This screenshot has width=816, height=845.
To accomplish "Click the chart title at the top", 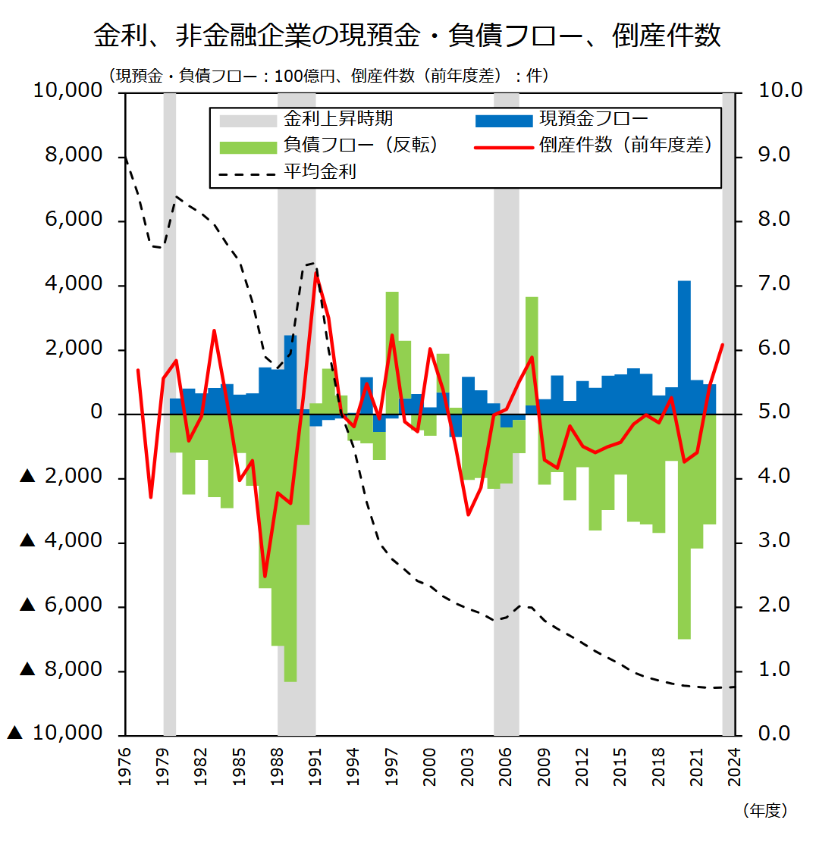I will (x=407, y=36).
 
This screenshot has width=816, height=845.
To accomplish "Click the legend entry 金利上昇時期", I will (x=337, y=120).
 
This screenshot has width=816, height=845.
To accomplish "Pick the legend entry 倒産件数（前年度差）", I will (x=626, y=146).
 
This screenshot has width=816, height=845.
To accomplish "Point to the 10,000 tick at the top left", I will (x=68, y=91).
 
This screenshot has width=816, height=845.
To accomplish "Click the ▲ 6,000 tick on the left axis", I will (x=61, y=606).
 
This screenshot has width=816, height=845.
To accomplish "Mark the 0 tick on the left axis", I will (x=96, y=413).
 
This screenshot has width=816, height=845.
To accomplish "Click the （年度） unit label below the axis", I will (x=765, y=811).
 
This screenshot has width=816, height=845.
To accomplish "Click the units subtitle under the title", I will (x=328, y=76).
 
